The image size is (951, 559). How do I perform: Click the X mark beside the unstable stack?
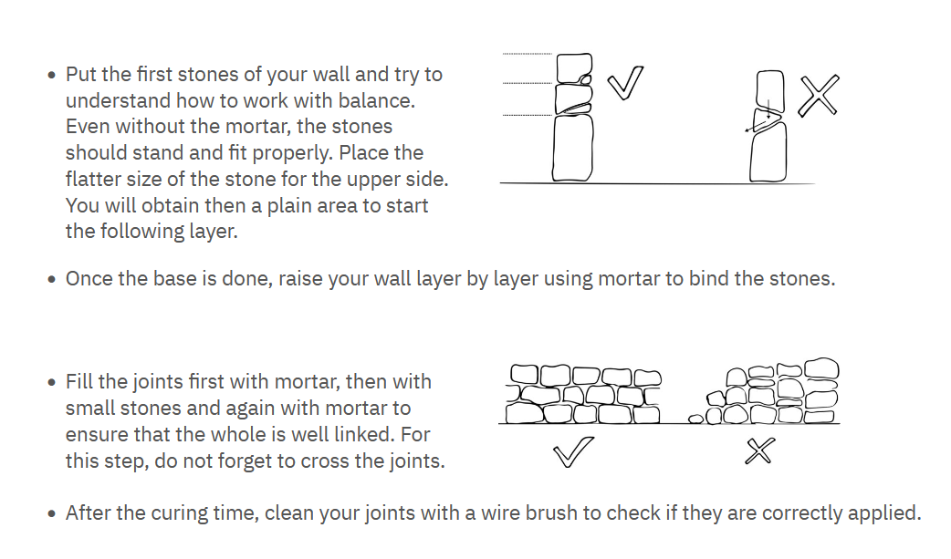(819, 95)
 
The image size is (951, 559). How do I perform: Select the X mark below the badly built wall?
(760, 451)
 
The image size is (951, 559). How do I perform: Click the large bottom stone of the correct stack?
(572, 148)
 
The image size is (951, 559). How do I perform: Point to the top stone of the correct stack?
(574, 67)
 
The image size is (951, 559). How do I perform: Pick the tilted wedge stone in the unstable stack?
(767, 119)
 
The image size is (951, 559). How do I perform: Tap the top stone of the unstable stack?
(769, 91)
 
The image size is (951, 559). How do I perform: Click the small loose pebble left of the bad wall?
(696, 419)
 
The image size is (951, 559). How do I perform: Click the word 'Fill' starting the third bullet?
(78, 382)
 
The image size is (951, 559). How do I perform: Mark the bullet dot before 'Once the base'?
(52, 279)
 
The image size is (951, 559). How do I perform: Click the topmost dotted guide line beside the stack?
(528, 54)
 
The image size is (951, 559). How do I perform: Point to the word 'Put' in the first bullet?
(80, 75)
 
